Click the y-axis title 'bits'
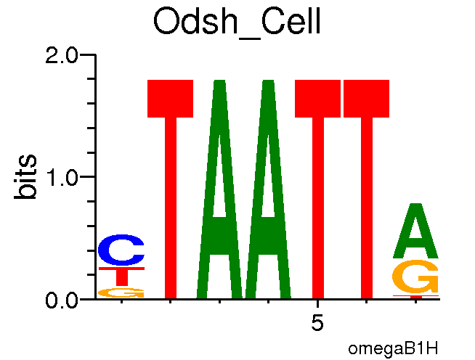pos(28,176)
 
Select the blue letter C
pos(121,251)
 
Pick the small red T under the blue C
pos(121,276)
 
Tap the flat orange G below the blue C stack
pos(121,292)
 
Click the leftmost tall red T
pos(171,189)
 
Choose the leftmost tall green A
pos(219,189)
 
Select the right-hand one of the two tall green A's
pos(269,189)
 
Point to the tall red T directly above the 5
pos(317,189)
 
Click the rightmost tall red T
pos(367,189)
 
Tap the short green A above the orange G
pos(416,231)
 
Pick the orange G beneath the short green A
pos(416,277)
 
